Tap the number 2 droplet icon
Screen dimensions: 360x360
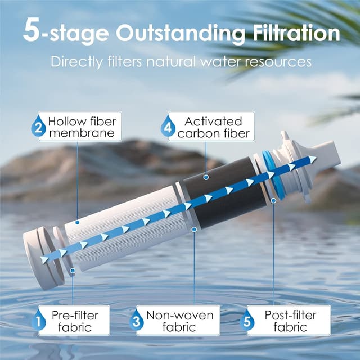click(38, 127)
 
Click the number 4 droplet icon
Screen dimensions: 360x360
click(168, 128)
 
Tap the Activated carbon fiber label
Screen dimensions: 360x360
click(209, 127)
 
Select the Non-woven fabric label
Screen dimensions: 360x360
click(179, 321)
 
